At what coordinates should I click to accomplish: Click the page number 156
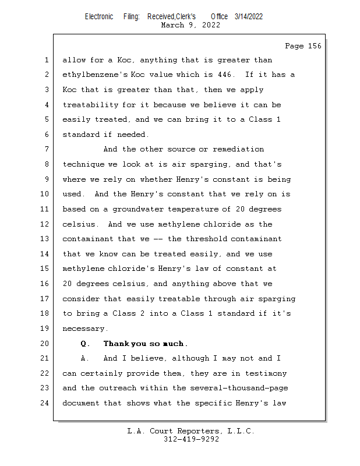[x=314, y=46]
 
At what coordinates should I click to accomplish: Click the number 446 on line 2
[x=223, y=75]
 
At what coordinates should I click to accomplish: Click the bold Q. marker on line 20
[x=85, y=344]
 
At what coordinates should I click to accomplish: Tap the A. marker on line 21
[x=85, y=359]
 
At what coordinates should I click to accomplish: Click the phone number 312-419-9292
[x=191, y=439]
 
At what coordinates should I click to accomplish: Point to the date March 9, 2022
[x=190, y=25]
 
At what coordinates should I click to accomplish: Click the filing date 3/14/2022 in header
[x=249, y=16]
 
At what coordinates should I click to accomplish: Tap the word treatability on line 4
[x=92, y=105]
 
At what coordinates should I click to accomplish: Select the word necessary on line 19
[x=85, y=329]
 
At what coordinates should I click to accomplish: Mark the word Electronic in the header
[x=99, y=16]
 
